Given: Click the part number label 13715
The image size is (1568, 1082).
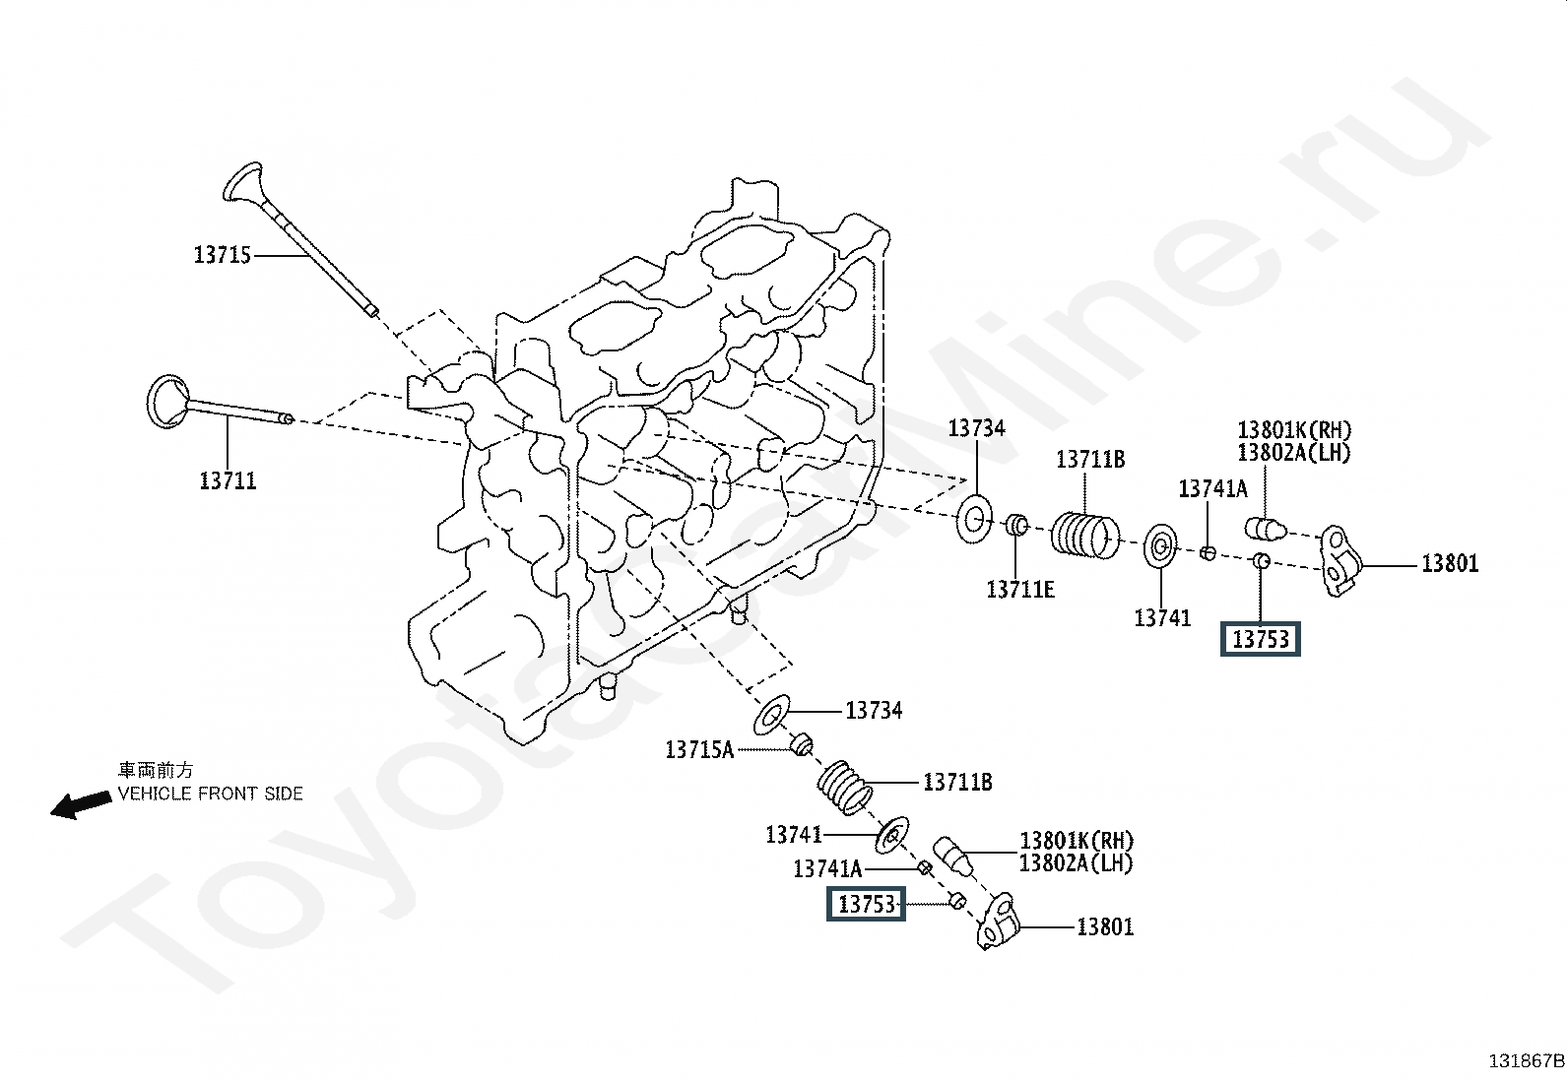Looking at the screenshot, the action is [222, 255].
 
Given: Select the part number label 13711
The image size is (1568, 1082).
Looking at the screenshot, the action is [229, 480].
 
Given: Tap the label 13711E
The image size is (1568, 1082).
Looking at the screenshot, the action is [1020, 590].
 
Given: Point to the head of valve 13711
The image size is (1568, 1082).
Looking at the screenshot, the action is [167, 401].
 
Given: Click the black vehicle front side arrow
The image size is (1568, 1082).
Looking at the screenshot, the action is [81, 805].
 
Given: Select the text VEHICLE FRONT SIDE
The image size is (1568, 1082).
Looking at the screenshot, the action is [210, 794].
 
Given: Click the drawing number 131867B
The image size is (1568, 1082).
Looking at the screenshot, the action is [1526, 1061].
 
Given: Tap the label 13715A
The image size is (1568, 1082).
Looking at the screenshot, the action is [699, 749].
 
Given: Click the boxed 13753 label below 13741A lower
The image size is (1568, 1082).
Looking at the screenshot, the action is [866, 904].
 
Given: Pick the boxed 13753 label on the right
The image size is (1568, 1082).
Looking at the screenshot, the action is [1260, 639].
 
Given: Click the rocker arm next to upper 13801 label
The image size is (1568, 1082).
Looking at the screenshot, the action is [1341, 560].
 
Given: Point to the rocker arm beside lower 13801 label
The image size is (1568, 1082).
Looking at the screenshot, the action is [999, 922].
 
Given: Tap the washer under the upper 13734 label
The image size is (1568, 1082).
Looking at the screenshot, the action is [974, 519].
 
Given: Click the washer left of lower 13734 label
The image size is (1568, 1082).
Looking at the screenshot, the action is [771, 715].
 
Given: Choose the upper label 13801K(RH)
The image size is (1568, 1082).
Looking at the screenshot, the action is [1294, 429].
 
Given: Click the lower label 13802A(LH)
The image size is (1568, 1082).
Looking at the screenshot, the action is [1076, 863].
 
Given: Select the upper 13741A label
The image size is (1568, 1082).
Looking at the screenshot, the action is [1213, 488].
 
